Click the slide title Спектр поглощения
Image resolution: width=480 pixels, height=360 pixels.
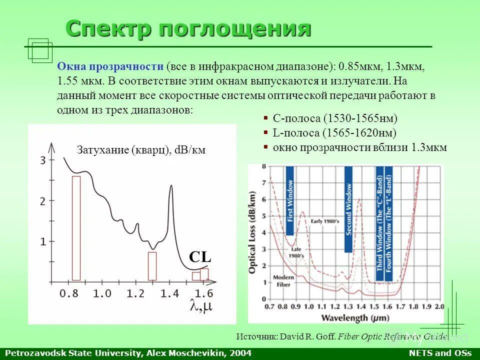[188, 29]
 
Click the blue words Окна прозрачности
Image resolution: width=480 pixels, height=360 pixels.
[110, 66]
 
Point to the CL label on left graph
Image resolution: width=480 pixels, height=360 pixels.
[200, 257]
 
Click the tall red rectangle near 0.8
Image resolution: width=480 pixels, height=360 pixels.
[76, 227]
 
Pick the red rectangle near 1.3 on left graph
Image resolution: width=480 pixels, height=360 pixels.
[152, 265]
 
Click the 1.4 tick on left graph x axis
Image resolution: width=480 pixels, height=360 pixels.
[170, 293]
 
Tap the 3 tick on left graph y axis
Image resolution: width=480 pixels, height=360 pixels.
[43, 160]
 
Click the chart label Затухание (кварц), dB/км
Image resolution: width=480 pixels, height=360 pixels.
[141, 150]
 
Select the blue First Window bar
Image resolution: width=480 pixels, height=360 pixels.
[289, 200]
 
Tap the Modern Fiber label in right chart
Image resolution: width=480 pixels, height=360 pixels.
[283, 280]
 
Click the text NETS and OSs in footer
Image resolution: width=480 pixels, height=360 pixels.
[440, 353]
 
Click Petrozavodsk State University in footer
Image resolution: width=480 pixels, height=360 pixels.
[72, 353]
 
